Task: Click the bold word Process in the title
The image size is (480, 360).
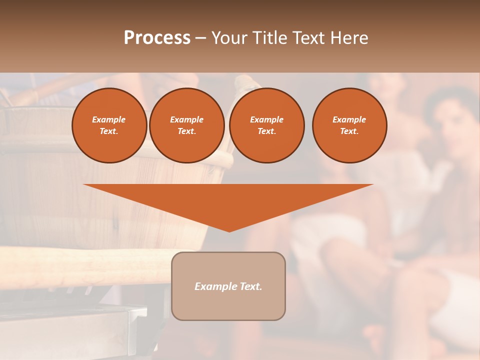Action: click(x=157, y=38)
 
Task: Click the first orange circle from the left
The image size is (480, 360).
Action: click(x=109, y=125)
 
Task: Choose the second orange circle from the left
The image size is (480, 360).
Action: click(x=187, y=125)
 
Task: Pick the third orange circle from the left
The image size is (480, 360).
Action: click(x=266, y=125)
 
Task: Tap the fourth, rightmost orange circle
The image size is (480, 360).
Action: click(x=349, y=125)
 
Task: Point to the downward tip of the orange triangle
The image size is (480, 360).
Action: click(x=229, y=230)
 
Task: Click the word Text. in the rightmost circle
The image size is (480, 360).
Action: click(x=349, y=131)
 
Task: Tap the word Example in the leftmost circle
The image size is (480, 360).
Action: click(x=109, y=119)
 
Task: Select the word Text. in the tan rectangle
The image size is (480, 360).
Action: click(x=250, y=286)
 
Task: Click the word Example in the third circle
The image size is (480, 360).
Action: click(x=266, y=119)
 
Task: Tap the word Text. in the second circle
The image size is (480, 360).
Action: click(x=187, y=131)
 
